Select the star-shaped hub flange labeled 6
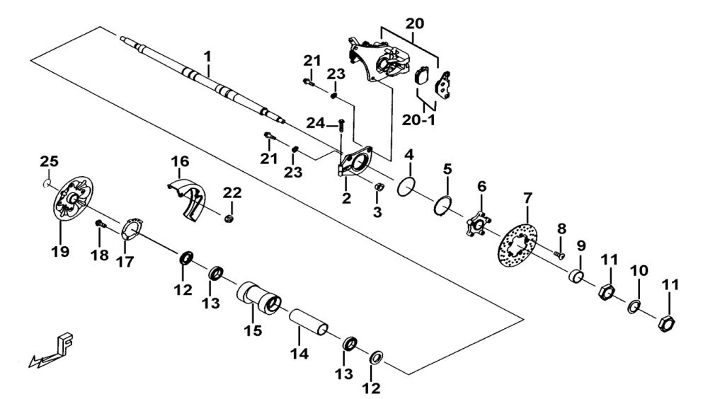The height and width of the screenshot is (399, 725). pos(477,226)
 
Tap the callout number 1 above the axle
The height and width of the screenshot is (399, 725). pos(208,55)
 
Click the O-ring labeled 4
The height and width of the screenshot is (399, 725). pos(406,187)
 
